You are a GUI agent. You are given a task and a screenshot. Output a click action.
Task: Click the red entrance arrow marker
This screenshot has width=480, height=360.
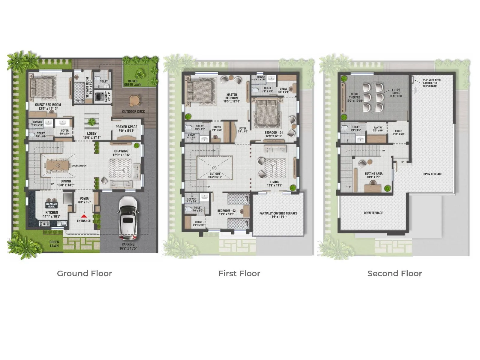click(x=84, y=215)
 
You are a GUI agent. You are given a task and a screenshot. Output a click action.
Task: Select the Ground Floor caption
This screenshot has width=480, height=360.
click(x=84, y=274)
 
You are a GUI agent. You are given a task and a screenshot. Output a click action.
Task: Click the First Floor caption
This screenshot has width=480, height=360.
click(x=239, y=274)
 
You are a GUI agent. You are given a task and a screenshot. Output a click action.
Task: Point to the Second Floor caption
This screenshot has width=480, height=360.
click(x=394, y=274)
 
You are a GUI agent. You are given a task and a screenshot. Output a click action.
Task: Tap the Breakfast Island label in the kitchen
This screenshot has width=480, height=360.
click(x=52, y=205)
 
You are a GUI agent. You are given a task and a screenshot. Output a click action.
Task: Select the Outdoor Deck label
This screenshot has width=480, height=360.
click(x=133, y=112)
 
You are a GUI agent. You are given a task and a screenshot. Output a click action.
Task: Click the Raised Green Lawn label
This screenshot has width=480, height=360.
click(x=133, y=83)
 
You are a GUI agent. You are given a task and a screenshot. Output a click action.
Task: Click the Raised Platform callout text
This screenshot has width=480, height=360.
click(x=396, y=93)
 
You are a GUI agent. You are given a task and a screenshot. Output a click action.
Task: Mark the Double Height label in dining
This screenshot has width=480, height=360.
click(x=80, y=166)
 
